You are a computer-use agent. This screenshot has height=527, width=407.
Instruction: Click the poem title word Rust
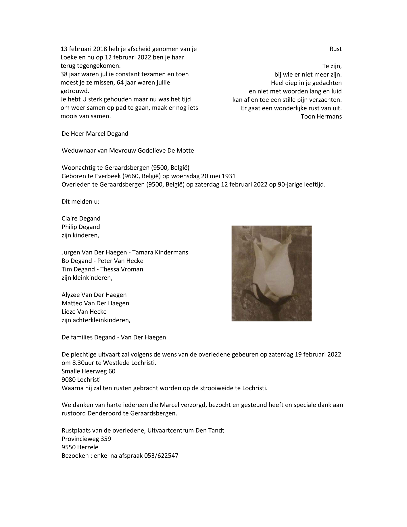(335, 49)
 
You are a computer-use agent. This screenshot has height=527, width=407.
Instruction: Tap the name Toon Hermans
(321, 117)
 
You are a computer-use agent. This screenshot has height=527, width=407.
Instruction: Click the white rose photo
(271, 273)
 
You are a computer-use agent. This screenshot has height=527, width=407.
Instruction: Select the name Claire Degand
(81, 219)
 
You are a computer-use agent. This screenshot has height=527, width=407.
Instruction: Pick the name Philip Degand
(80, 227)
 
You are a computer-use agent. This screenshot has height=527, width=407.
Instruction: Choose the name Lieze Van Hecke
(84, 312)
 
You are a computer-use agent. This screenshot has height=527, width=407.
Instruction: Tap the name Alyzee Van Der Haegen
(94, 295)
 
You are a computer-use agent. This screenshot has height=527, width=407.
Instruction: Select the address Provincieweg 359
(86, 439)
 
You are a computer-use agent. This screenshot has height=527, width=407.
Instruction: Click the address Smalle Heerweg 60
(88, 371)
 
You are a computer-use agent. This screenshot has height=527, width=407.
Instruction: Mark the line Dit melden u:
(80, 202)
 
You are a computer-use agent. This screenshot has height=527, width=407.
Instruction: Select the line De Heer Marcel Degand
(95, 134)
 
